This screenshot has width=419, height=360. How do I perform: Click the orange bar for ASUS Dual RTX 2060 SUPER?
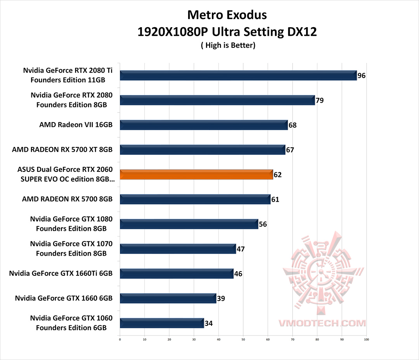coord(196,175)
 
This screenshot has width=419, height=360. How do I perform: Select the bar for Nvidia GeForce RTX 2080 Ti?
coord(238,75)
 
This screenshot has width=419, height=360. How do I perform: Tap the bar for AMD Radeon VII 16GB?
coord(204,125)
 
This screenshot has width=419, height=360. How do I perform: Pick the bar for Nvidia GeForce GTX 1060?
coord(162,323)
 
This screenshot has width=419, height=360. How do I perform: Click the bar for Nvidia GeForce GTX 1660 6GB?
coord(168,298)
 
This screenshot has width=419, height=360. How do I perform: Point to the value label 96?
coord(362,76)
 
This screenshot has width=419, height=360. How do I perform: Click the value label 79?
coord(319,100)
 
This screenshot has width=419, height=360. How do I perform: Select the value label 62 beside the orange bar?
coord(277,175)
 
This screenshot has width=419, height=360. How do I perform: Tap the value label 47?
coord(241,249)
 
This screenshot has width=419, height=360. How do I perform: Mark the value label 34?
coord(208,323)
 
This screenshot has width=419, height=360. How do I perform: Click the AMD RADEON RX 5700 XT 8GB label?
coord(62,149)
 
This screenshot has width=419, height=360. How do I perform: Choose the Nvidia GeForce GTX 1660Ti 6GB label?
coord(61,273)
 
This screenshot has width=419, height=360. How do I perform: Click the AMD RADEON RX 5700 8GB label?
coord(67,199)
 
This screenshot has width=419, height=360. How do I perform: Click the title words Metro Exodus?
coord(227,15)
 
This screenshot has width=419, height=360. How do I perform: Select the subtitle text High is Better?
coord(228,45)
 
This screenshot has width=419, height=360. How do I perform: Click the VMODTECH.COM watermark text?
coord(322,323)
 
